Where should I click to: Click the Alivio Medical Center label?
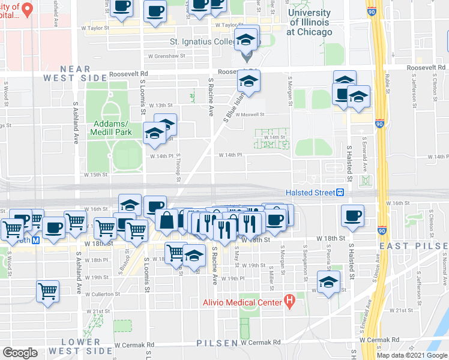(242, 302)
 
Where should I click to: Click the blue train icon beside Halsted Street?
(340, 192)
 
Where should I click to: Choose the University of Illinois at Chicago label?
(309, 22)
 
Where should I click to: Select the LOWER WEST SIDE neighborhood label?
(86, 346)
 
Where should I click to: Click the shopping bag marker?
(166, 220)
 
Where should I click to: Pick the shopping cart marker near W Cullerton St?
(48, 292)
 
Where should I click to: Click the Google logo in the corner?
(20, 353)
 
